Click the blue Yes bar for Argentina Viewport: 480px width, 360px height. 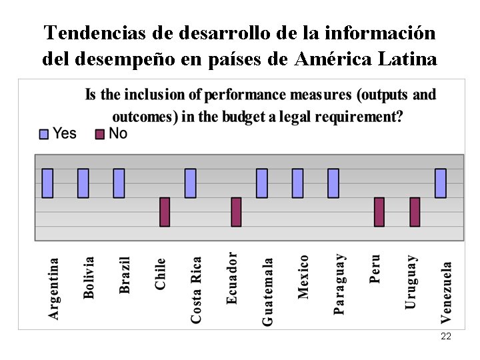(47, 183)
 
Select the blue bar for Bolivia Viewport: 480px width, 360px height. (83, 183)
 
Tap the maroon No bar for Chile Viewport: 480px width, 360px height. (165, 211)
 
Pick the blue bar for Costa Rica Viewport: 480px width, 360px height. (191, 183)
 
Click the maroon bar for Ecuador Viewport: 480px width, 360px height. (236, 211)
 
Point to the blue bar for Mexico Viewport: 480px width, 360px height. (297, 183)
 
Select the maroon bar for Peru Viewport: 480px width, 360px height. (379, 211)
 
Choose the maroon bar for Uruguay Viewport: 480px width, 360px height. (415, 211)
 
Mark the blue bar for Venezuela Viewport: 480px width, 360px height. (441, 183)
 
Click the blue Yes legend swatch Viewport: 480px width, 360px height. (45, 134)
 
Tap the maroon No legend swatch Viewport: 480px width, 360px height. (100, 134)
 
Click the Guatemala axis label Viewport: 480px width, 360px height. (267, 292)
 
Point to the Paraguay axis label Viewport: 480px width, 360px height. (339, 283)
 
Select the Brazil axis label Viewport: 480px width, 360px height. (125, 275)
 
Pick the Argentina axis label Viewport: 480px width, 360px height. (53, 288)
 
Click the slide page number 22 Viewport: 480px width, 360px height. (446, 337)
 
